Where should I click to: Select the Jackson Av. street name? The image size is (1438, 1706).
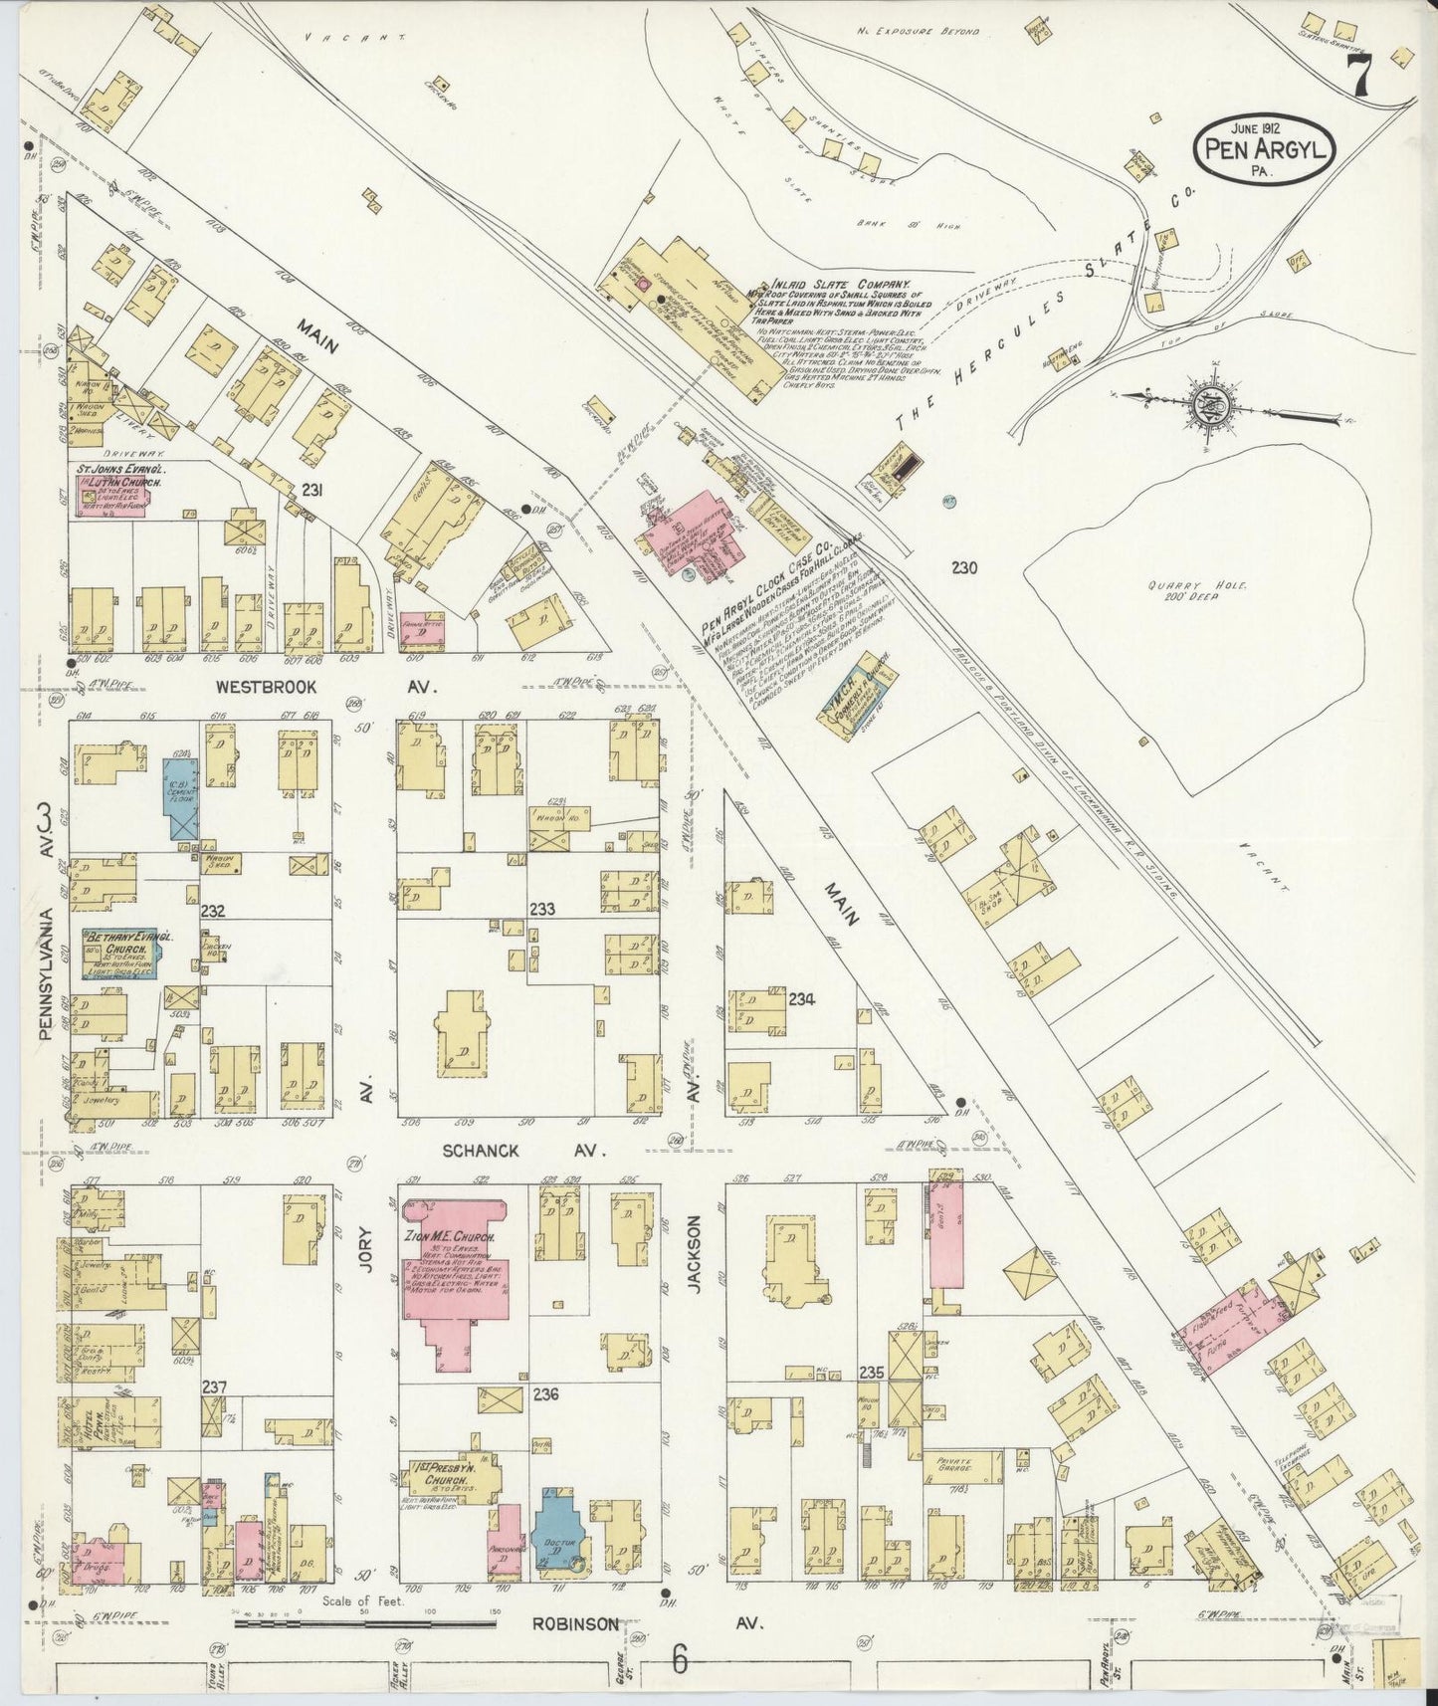coord(695,1254)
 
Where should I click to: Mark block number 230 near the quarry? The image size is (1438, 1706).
coord(963,568)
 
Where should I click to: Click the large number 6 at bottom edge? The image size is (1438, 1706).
coord(681,1660)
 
